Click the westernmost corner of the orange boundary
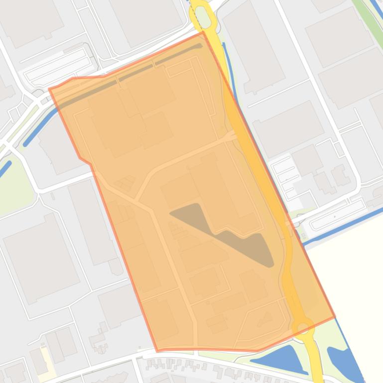(49, 90)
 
